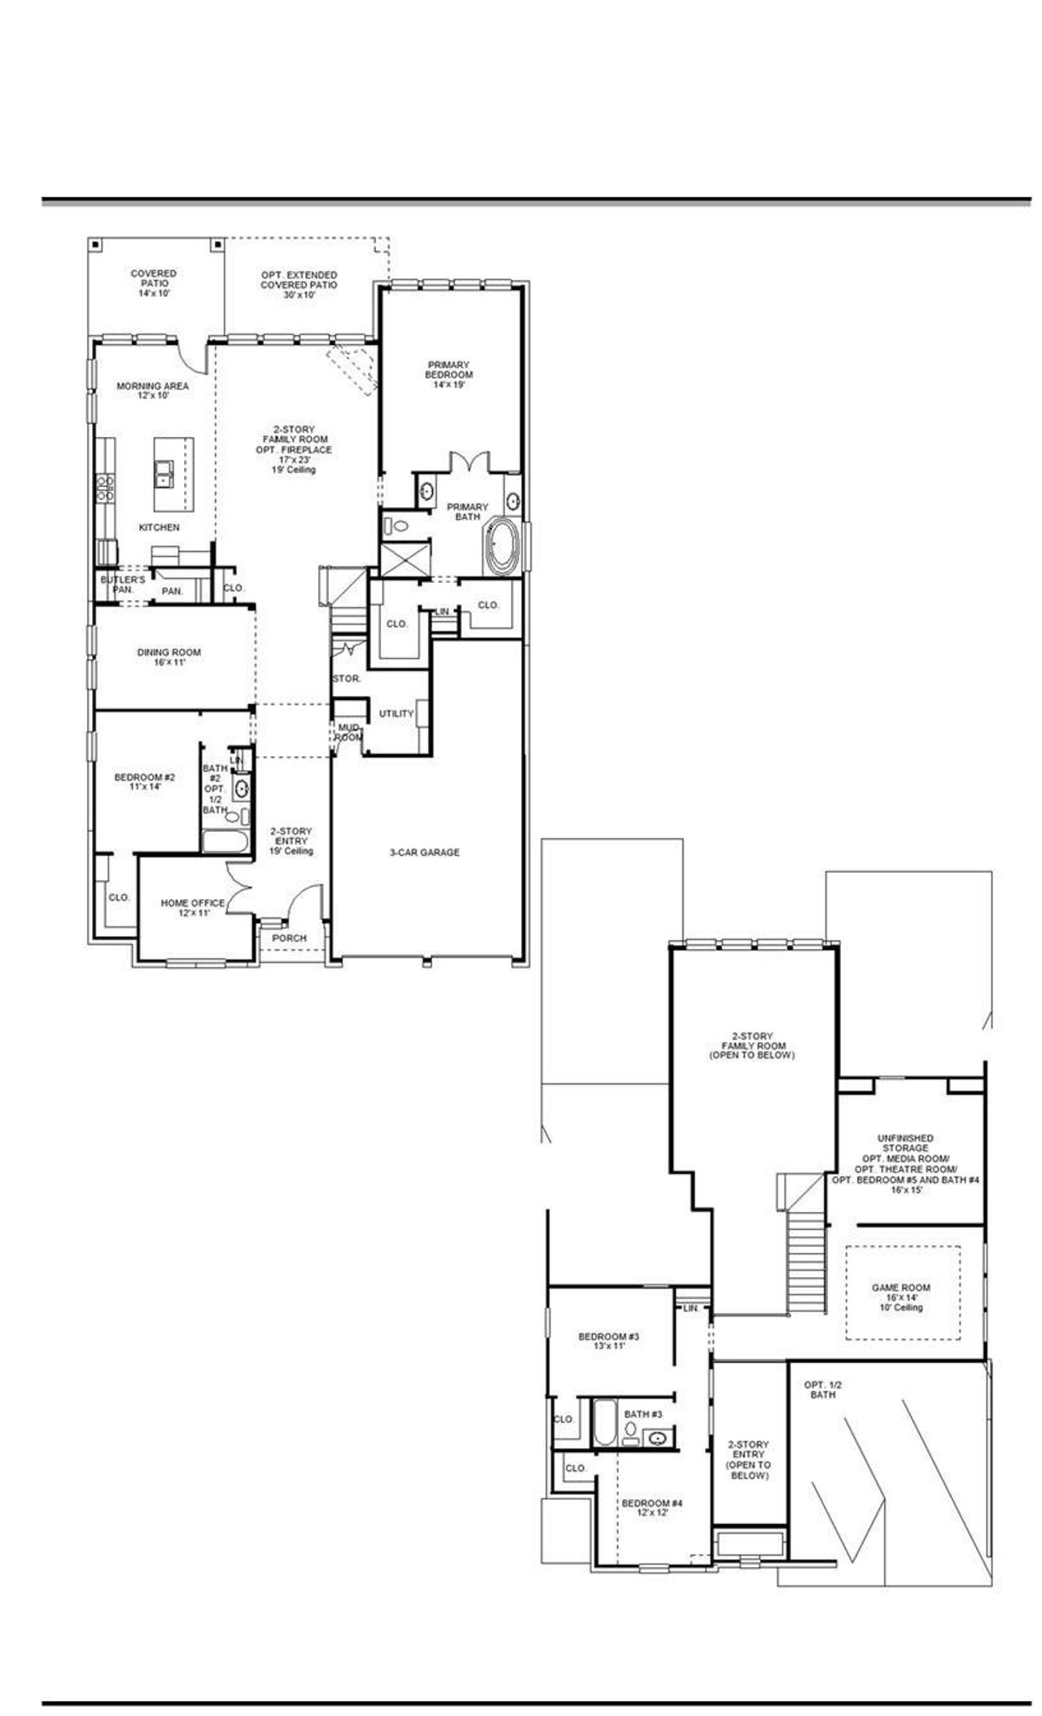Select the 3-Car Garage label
(x=423, y=852)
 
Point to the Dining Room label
(x=169, y=657)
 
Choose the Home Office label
(x=192, y=908)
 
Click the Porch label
(x=289, y=938)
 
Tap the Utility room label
(x=396, y=713)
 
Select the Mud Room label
(x=348, y=732)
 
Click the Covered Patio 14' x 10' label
(x=153, y=283)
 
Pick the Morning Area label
(x=153, y=390)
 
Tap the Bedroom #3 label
(x=609, y=1341)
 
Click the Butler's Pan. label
(x=122, y=584)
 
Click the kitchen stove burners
(x=105, y=488)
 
